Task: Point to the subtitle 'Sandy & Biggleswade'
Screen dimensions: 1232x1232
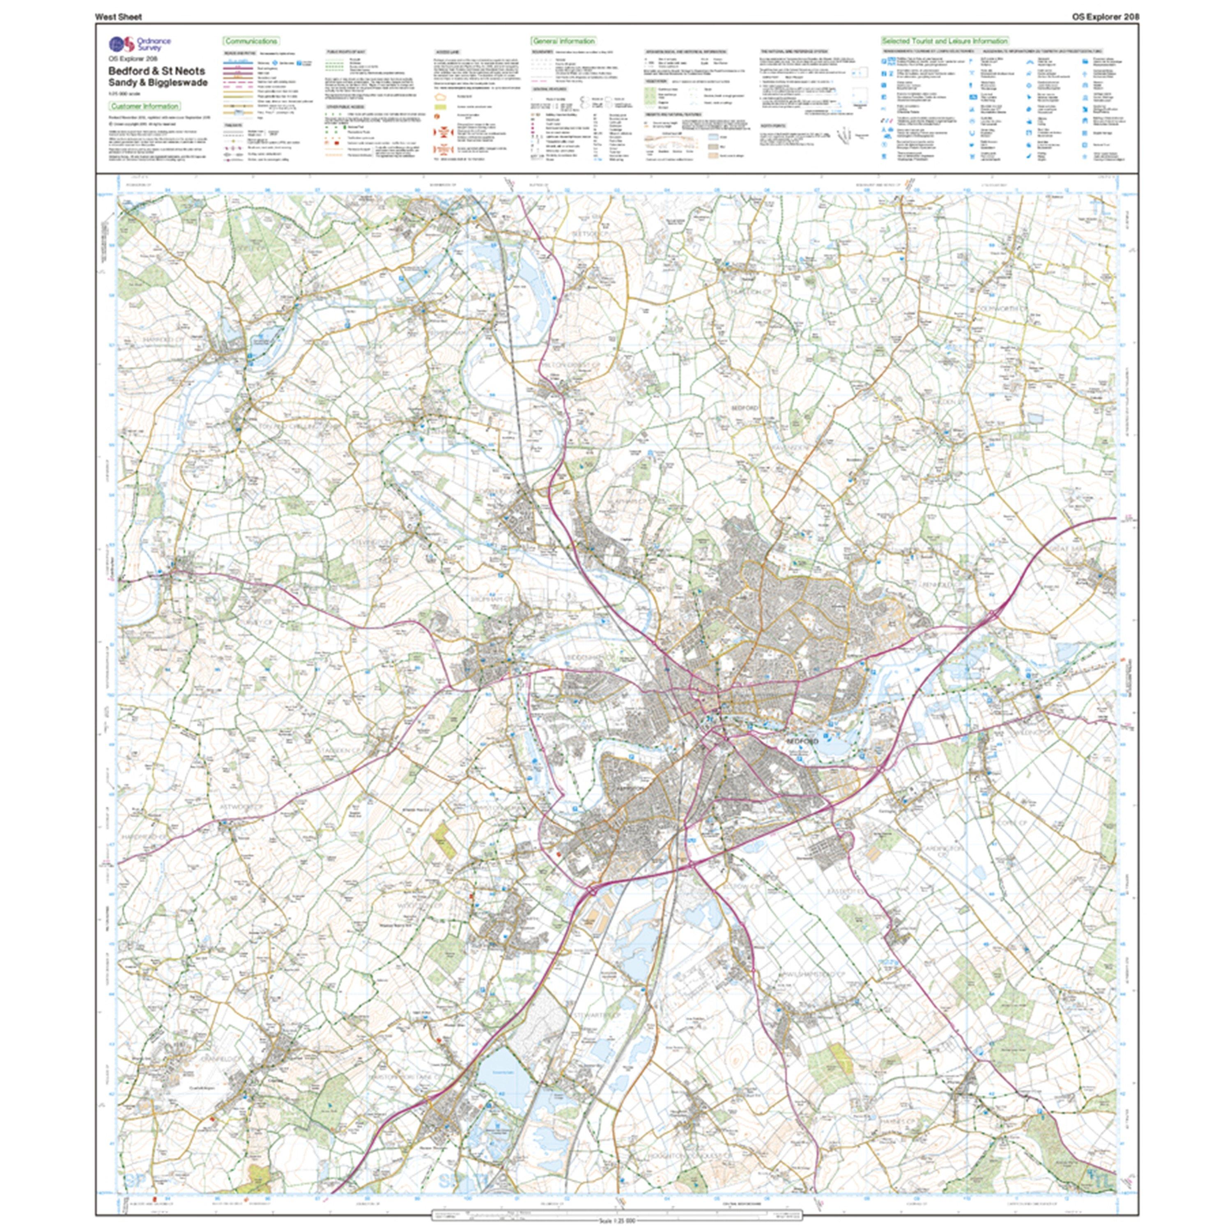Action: click(x=158, y=82)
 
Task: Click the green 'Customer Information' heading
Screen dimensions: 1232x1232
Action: click(x=144, y=106)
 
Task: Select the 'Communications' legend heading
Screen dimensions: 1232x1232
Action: click(x=251, y=41)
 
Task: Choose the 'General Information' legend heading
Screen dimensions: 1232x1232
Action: click(x=563, y=41)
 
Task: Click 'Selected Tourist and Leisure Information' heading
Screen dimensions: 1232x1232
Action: click(x=944, y=41)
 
